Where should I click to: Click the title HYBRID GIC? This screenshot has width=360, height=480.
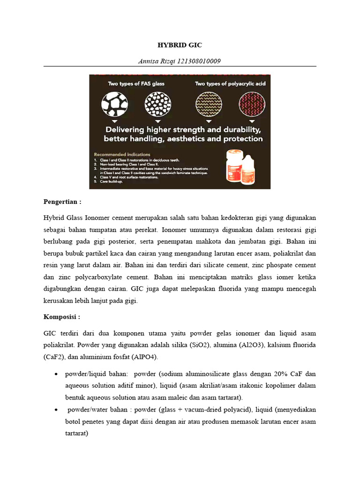(180, 45)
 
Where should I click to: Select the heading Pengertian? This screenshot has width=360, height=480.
(62, 202)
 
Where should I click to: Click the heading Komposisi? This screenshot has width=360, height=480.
(62, 317)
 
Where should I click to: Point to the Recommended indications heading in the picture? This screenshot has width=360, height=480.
(122, 154)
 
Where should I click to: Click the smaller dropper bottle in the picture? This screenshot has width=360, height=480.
(253, 167)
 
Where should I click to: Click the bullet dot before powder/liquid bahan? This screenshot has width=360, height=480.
(56, 374)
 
